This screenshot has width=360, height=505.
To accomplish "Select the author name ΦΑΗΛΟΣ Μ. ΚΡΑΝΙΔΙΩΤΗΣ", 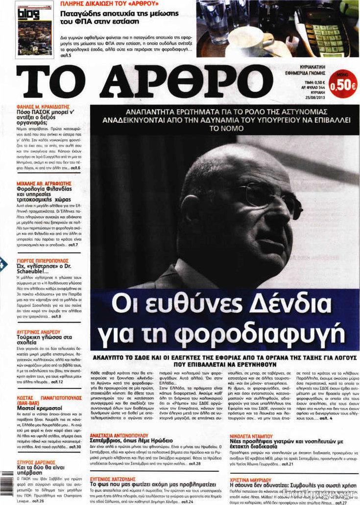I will coord(44,106).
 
